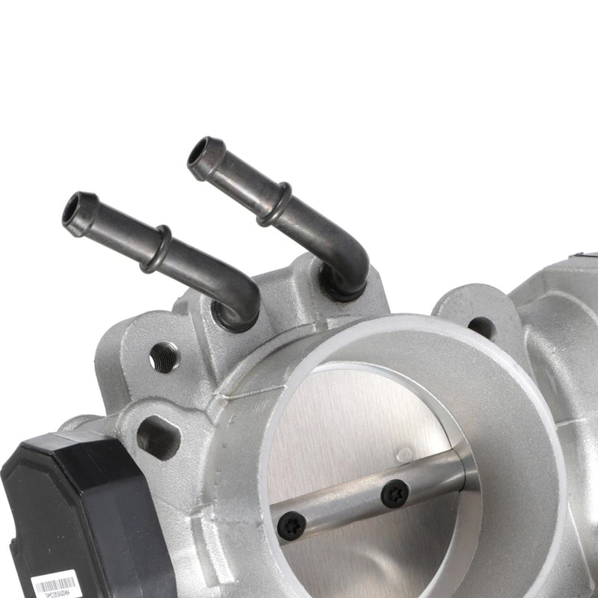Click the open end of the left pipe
coord(77,209)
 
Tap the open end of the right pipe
coord(203,155)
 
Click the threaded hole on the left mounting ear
coord(164,357)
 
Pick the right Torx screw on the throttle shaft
coord(394,494)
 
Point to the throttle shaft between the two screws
coord(344,509)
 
